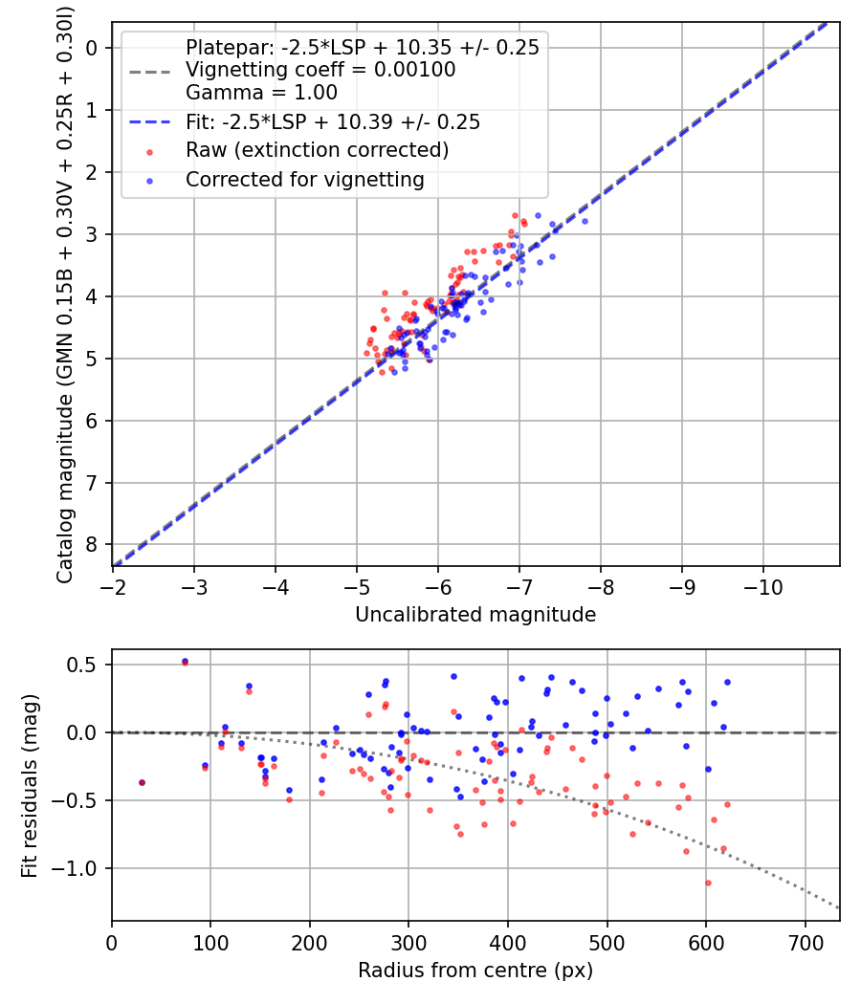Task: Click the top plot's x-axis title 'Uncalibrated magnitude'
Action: pos(475,615)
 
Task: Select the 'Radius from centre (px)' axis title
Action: pos(475,971)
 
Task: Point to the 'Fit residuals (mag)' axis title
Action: pos(30,785)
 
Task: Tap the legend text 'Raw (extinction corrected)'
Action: pos(317,150)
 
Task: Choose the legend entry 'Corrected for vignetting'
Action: pos(305,179)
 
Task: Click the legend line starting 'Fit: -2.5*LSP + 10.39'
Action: pos(333,121)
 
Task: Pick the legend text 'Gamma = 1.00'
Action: pos(261,93)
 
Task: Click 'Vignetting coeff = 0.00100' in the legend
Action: pos(320,70)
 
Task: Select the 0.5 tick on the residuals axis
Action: pos(87,665)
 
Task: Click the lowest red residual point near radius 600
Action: pos(708,883)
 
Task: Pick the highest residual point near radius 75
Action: pos(185,662)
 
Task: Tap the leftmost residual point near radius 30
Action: pos(143,782)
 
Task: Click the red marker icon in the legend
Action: pos(148,151)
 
